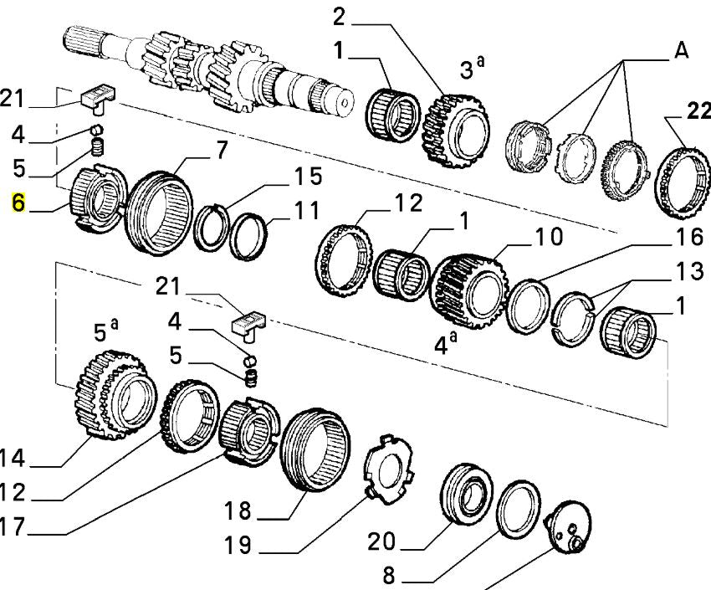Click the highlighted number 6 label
[16, 203]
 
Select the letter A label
[682, 51]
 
